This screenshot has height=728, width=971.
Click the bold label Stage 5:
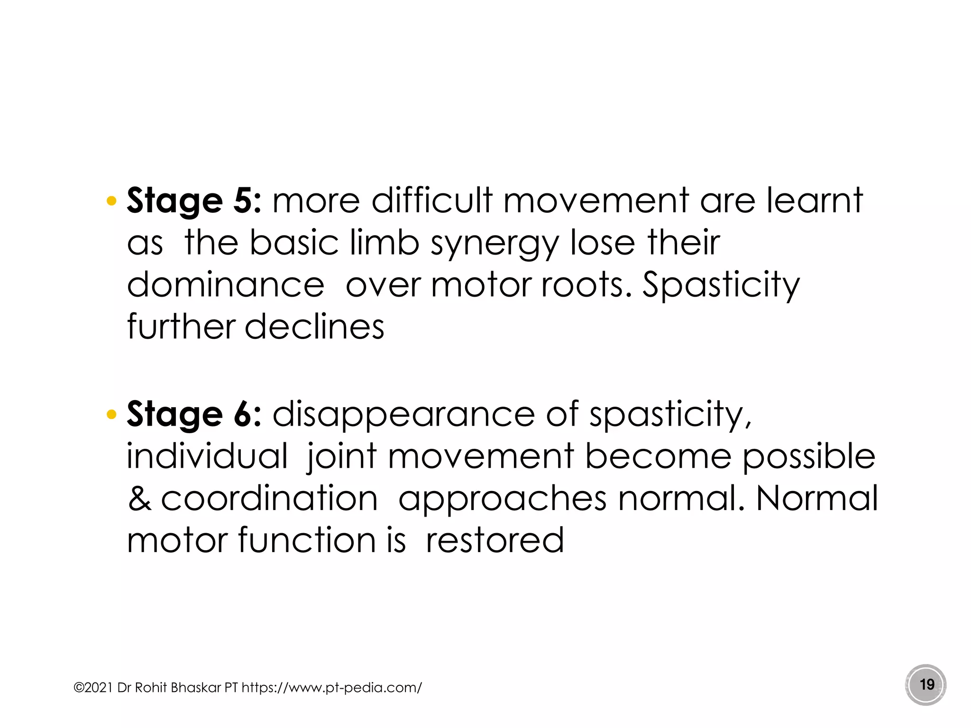(193, 201)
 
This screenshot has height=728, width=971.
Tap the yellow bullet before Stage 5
(111, 201)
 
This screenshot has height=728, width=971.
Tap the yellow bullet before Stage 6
(111, 415)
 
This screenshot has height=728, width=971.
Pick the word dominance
(226, 285)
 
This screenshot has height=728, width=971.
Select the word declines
(314, 327)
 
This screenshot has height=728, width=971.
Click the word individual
(207, 456)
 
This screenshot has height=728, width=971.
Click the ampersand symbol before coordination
(139, 499)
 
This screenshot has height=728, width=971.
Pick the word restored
(495, 540)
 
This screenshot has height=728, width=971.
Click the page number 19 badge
(926, 685)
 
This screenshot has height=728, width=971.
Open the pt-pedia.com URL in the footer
(331, 688)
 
